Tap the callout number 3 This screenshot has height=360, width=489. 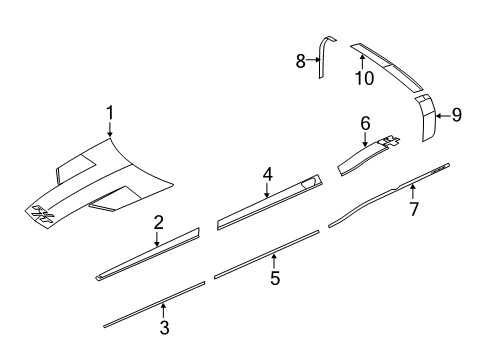tap(164, 326)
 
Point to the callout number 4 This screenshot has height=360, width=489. tap(267, 175)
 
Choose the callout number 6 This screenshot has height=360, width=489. tap(365, 123)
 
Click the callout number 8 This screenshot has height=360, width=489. tap(300, 61)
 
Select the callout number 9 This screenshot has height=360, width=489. tap(456, 116)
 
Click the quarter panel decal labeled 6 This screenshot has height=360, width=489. tap(365, 158)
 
